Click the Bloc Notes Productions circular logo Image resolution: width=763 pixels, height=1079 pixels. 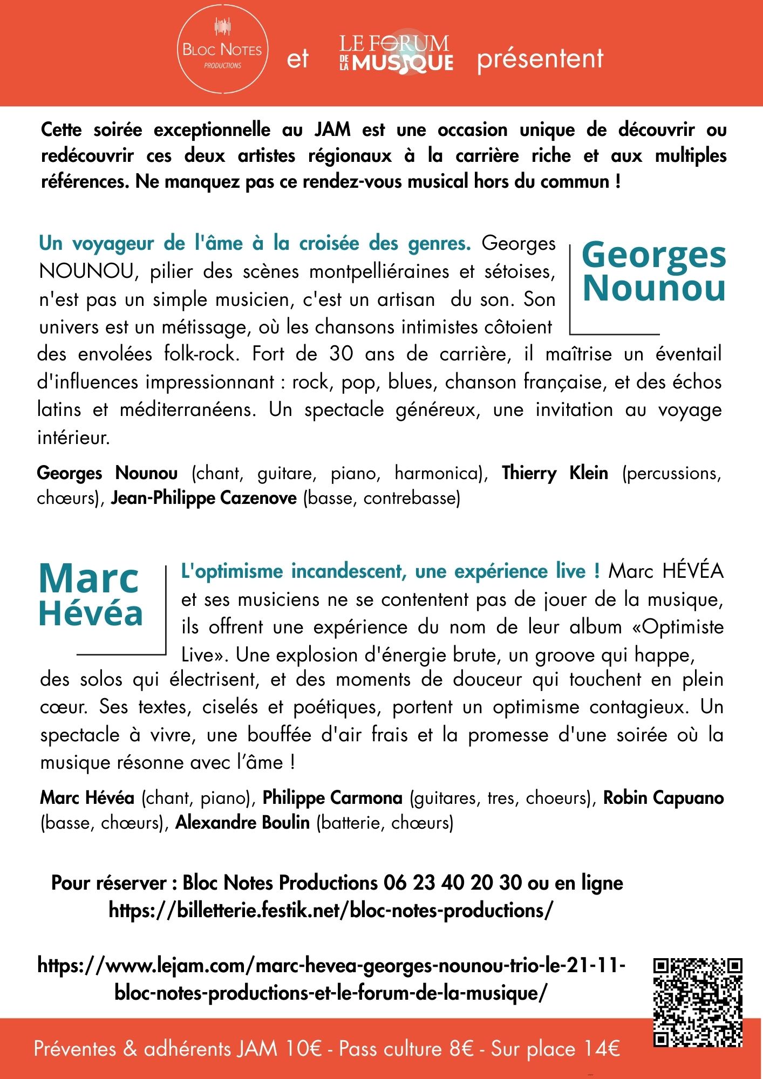[222, 53]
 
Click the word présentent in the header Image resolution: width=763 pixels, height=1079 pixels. [540, 58]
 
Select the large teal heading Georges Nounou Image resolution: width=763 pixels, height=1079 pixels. [654, 271]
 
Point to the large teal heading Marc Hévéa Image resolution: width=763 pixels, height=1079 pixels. [91, 596]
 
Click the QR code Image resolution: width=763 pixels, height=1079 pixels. [698, 1002]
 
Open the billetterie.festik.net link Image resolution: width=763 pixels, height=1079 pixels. [331, 911]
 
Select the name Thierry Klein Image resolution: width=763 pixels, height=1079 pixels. [555, 473]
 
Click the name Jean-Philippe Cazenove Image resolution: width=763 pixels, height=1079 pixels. [204, 498]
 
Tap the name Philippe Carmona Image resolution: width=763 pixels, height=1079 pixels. [332, 798]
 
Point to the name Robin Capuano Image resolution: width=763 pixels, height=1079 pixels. [663, 798]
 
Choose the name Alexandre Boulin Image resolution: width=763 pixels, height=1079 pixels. [243, 823]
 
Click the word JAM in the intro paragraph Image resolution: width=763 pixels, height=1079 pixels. [332, 130]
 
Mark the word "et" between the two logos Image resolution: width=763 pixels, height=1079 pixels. [298, 58]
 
